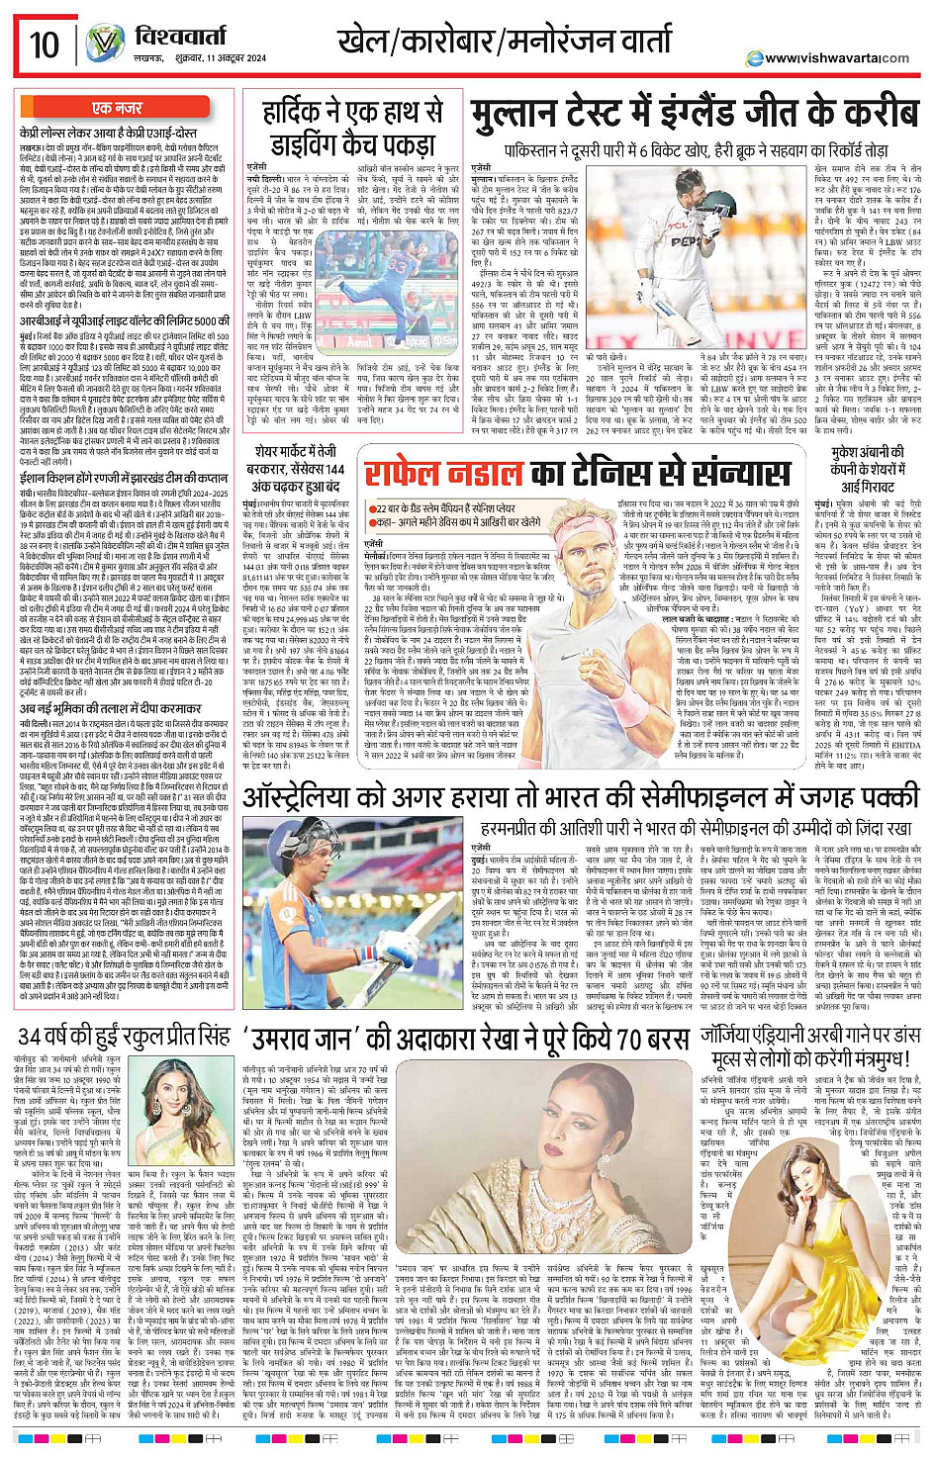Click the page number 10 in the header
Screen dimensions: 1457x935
point(45,45)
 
